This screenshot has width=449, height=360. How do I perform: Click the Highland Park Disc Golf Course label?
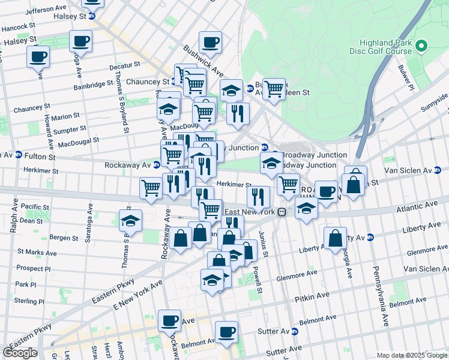tap(385, 47)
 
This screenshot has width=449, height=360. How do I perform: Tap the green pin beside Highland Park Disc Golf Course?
tap(421, 46)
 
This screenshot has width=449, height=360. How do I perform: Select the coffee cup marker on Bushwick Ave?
tap(210, 43)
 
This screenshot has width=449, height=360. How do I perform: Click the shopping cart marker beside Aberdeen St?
tap(274, 90)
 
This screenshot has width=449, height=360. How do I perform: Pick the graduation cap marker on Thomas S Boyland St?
tap(130, 221)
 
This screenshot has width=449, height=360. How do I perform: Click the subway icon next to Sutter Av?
tap(295, 331)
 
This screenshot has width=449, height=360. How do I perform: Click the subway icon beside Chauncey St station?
tap(175, 82)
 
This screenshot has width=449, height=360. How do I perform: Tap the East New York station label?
tap(250, 212)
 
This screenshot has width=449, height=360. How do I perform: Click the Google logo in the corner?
tap(20, 353)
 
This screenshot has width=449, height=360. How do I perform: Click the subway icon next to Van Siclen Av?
tap(439, 170)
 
